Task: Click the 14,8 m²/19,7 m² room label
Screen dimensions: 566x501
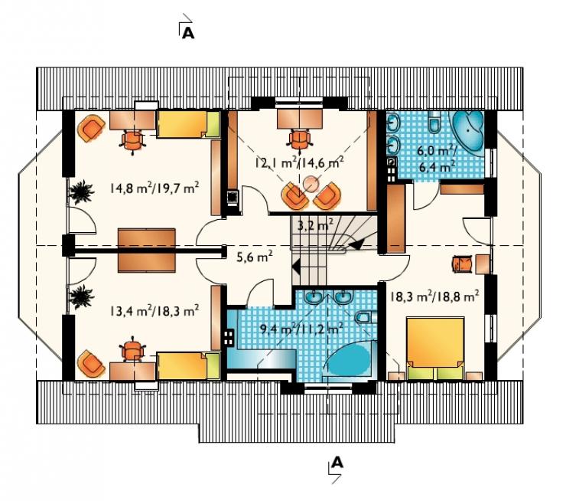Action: click(x=155, y=188)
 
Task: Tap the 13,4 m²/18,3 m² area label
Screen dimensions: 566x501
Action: click(x=155, y=310)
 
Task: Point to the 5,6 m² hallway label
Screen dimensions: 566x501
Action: click(x=254, y=257)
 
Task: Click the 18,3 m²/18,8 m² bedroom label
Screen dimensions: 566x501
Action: click(x=435, y=296)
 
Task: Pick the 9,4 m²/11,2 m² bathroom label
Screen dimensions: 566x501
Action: click(x=301, y=329)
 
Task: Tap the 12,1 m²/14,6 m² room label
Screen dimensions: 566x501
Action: click(x=299, y=162)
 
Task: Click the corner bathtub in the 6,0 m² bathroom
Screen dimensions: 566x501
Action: click(x=468, y=131)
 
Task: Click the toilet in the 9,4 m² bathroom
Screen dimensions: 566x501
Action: click(x=365, y=317)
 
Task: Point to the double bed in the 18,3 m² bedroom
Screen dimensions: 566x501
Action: click(x=435, y=349)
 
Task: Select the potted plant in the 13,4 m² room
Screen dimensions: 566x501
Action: click(x=82, y=296)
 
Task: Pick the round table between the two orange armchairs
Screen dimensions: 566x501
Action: click(x=311, y=184)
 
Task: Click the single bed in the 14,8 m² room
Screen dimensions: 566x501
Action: click(x=188, y=124)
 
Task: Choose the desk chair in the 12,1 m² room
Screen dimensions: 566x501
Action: click(x=299, y=139)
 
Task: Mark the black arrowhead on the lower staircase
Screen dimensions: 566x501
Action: click(x=296, y=268)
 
